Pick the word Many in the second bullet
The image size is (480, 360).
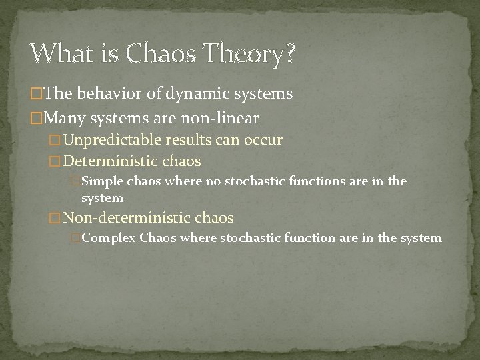point(65,118)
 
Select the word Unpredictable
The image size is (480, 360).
point(115,141)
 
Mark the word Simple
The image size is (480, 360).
point(101,181)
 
